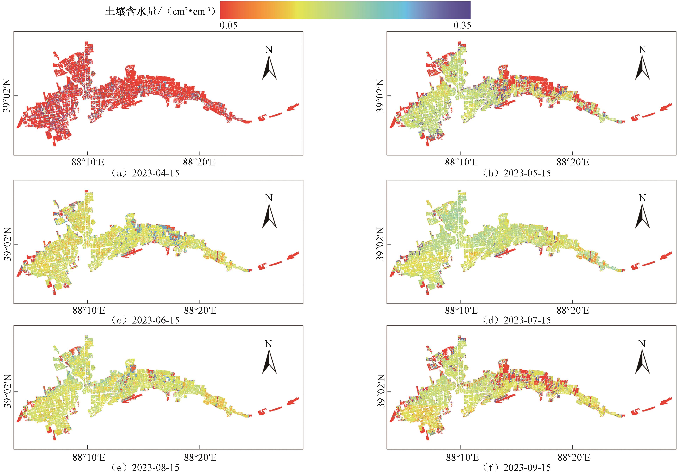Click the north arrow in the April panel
269,68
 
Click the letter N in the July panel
643,198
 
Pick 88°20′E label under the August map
200,458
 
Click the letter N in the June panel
269,198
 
